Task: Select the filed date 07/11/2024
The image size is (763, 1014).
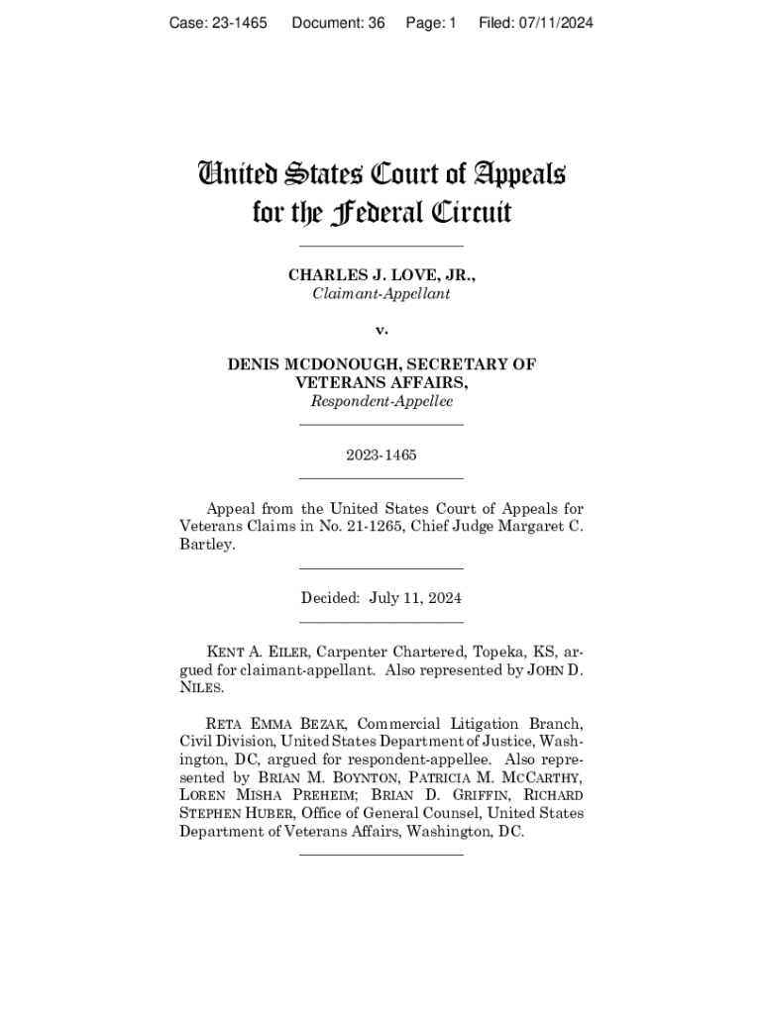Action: pyautogui.click(x=552, y=23)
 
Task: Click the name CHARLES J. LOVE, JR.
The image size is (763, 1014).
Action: pyautogui.click(x=381, y=274)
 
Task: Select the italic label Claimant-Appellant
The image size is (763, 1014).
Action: pyautogui.click(x=381, y=294)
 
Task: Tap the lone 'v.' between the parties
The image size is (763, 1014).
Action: pyautogui.click(x=381, y=328)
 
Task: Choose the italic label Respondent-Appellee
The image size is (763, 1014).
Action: pyautogui.click(x=381, y=401)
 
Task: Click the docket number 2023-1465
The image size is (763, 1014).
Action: pyautogui.click(x=381, y=456)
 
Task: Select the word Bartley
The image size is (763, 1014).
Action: pyautogui.click(x=207, y=546)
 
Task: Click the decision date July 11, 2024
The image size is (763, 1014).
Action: pyautogui.click(x=415, y=598)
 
